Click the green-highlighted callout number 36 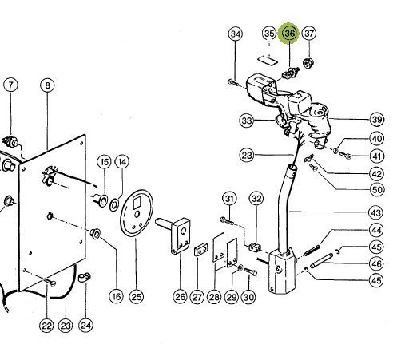289,34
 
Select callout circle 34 236,34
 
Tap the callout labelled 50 377,190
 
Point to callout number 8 47,85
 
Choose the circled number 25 136,296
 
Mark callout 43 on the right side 375,212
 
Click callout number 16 116,296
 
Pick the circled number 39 377,120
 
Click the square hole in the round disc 137,204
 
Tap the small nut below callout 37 308,63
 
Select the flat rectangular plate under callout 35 268,60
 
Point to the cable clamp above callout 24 85,278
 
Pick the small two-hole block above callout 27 201,249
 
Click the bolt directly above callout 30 250,271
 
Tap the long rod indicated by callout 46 321,261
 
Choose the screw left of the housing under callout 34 232,82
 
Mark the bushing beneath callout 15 100,200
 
